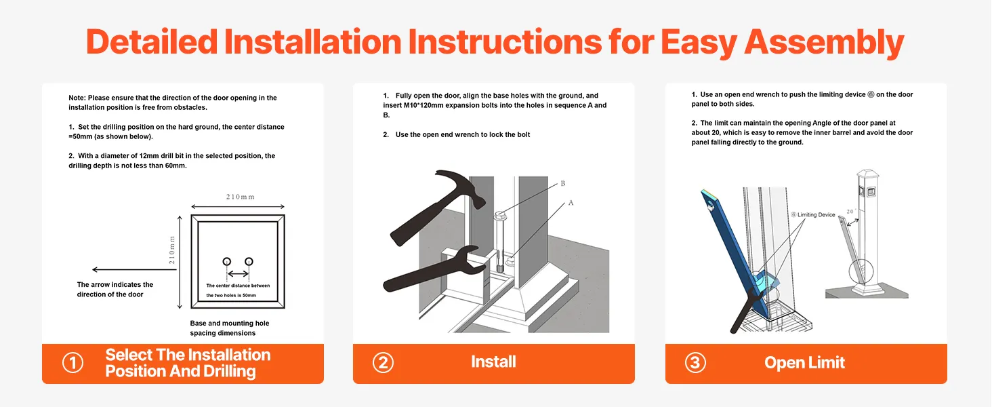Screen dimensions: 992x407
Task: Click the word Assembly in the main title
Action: pyautogui.click(x=824, y=43)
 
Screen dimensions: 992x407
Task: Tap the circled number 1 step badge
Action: pyautogui.click(x=73, y=363)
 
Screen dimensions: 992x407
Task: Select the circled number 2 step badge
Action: pyautogui.click(x=383, y=363)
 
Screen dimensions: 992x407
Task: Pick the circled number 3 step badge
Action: pyautogui.click(x=695, y=363)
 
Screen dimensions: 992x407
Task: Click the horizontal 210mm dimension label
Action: pyautogui.click(x=240, y=197)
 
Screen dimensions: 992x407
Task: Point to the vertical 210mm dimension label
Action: pyautogui.click(x=172, y=250)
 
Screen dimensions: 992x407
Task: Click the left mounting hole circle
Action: pyautogui.click(x=227, y=262)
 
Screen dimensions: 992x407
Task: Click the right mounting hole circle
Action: pyautogui.click(x=249, y=262)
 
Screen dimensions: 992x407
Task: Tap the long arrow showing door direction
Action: pyautogui.click(x=134, y=269)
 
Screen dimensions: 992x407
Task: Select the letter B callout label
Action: pyautogui.click(x=563, y=184)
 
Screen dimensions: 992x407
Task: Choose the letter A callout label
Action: pyautogui.click(x=571, y=203)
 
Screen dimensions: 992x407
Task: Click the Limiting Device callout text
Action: pyautogui.click(x=813, y=215)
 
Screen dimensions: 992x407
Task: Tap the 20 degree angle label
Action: pyautogui.click(x=851, y=212)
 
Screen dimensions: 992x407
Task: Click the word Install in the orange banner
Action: pyautogui.click(x=493, y=362)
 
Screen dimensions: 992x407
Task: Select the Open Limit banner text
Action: pyautogui.click(x=805, y=363)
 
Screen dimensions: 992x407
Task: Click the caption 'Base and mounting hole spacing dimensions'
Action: pyautogui.click(x=230, y=328)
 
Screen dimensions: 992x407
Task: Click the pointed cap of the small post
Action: pyautogui.click(x=867, y=172)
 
